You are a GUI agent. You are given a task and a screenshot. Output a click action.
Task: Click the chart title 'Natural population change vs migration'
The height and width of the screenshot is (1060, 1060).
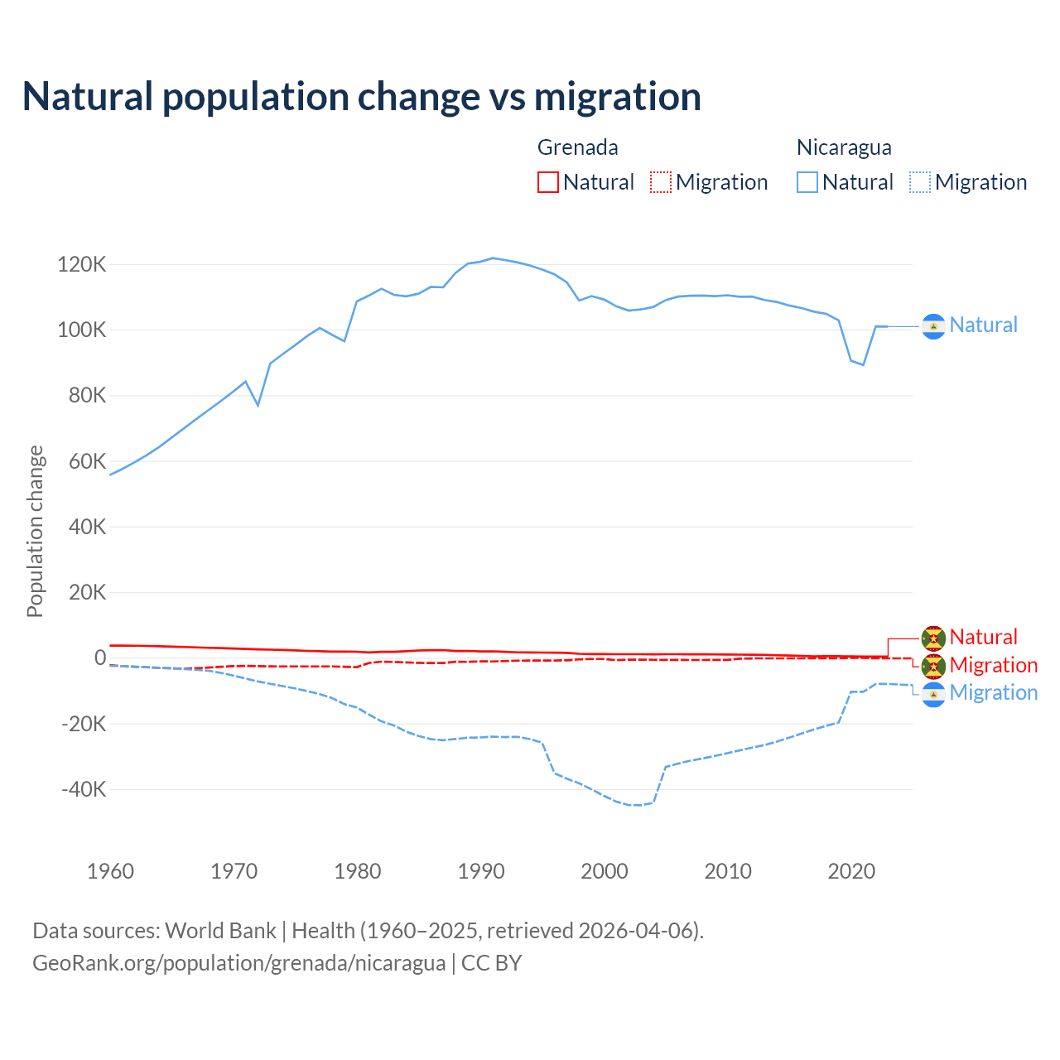(362, 97)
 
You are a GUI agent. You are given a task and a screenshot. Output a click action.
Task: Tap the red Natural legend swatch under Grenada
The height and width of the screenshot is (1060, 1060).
(548, 182)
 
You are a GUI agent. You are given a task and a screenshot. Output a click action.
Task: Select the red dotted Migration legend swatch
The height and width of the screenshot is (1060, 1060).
(661, 182)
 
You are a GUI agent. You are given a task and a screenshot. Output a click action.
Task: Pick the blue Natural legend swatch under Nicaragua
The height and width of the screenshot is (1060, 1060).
(807, 182)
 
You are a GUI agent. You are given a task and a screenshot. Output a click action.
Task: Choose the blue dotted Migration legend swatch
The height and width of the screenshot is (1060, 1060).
(920, 182)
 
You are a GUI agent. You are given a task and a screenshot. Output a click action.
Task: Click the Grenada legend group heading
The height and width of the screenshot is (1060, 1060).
(578, 147)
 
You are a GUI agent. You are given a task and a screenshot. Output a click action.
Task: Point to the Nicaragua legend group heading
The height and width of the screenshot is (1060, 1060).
(844, 147)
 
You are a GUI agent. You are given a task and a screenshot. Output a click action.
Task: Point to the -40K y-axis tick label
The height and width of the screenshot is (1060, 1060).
(84, 789)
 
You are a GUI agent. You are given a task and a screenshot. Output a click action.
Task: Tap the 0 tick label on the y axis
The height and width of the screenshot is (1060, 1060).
(100, 658)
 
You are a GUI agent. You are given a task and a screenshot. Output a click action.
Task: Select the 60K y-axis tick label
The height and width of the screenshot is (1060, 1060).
(87, 461)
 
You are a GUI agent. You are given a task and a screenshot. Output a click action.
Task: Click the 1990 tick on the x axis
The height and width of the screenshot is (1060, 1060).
(481, 871)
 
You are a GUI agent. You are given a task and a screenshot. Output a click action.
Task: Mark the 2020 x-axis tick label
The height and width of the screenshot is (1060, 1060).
(851, 871)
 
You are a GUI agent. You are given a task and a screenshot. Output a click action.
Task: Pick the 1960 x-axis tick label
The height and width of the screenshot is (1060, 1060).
(110, 871)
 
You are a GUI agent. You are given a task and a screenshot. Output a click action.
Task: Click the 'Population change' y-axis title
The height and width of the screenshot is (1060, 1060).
(35, 531)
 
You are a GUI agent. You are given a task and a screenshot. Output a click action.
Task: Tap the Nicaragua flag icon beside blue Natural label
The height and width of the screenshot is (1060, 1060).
(933, 327)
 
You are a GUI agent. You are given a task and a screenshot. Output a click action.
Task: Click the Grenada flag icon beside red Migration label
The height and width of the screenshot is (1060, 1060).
(933, 666)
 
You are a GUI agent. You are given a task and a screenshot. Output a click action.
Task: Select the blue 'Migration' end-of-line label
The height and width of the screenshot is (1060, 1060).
(993, 693)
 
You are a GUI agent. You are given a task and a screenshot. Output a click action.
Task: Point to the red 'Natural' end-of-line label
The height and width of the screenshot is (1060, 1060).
(983, 637)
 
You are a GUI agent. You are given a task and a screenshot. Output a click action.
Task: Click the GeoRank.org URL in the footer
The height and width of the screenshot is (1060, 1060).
(238, 963)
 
